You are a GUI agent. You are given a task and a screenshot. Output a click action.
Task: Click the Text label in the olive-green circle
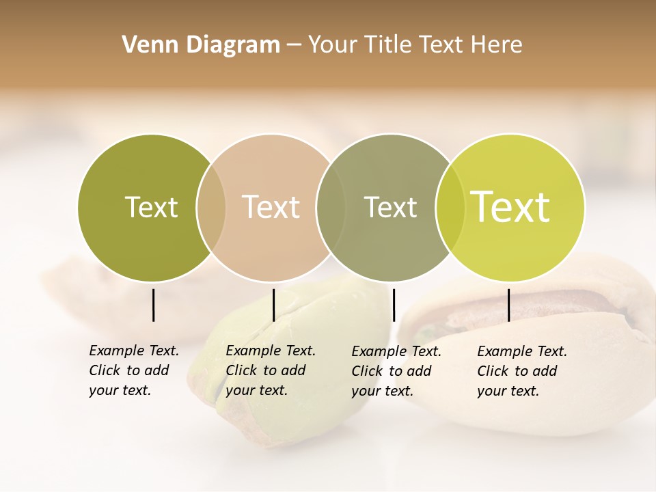pyautogui.click(x=151, y=207)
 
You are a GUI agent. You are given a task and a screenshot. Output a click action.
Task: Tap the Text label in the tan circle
pyautogui.click(x=271, y=207)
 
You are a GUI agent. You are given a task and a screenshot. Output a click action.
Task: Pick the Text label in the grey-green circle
pyautogui.click(x=390, y=207)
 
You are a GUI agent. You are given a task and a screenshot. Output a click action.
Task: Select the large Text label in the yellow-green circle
pyautogui.click(x=510, y=207)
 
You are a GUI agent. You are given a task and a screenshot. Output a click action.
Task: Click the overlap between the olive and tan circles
pyautogui.click(x=211, y=207)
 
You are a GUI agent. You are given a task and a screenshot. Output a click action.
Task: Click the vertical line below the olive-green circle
pyautogui.click(x=153, y=305)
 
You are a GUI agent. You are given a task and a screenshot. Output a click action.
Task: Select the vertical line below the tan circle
pyautogui.click(x=273, y=305)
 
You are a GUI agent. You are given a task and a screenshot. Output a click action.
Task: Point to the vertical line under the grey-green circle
pyautogui.click(x=394, y=305)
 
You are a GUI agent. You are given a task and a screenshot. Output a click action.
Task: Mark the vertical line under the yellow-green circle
pyautogui.click(x=508, y=305)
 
